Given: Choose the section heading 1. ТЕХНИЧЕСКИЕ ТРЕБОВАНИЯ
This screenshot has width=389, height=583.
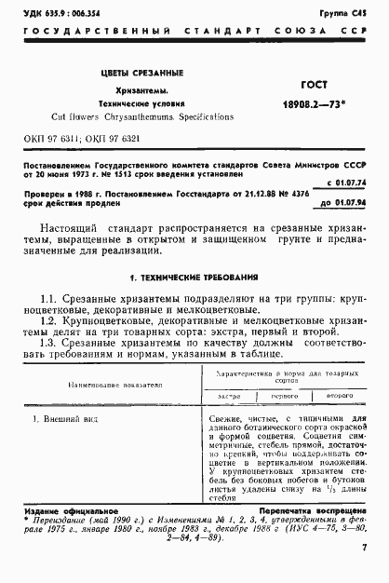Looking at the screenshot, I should pos(194,278).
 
